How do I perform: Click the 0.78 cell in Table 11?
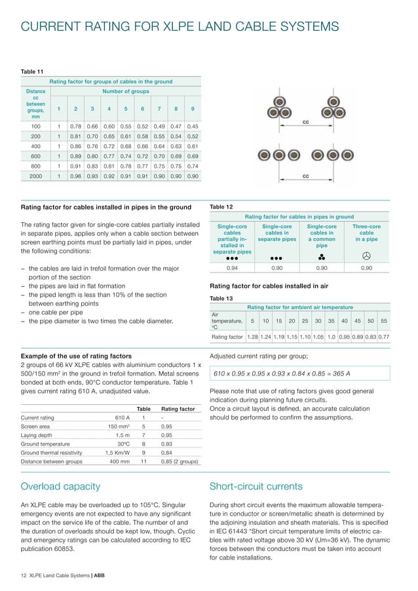click(75, 125)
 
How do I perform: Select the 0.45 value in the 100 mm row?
click(193, 125)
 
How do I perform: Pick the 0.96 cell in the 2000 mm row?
click(75, 176)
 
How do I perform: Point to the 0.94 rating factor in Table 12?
click(231, 267)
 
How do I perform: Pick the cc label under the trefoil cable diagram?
click(305, 123)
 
